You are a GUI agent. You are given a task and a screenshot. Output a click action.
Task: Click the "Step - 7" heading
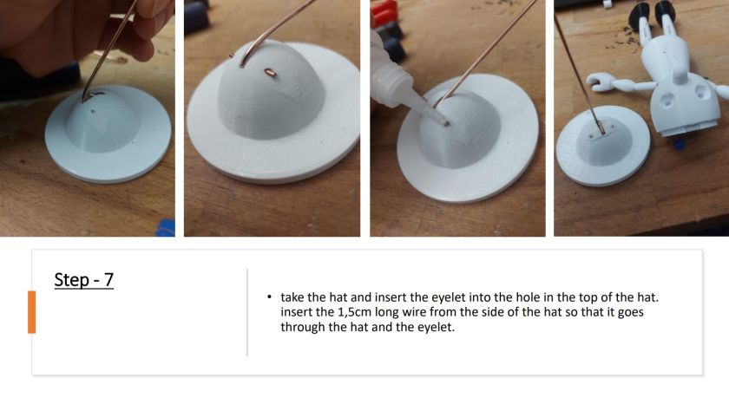83,280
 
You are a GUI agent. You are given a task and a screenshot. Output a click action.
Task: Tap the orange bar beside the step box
31,312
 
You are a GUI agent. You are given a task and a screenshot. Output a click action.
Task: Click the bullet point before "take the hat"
269,297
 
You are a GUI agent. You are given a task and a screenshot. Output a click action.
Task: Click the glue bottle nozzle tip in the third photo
446,123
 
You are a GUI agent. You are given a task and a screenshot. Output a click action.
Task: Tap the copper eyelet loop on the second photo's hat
270,73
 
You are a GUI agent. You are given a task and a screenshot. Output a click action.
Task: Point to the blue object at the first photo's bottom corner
166,227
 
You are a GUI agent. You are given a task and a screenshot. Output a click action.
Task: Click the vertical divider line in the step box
246,312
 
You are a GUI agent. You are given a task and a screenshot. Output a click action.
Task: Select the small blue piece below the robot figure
679,143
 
